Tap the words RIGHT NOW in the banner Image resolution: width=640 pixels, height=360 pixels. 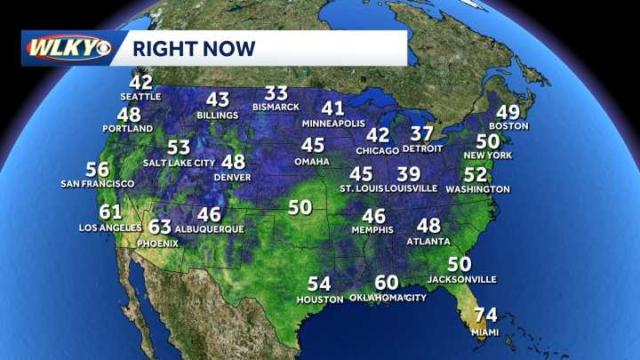tap(195, 47)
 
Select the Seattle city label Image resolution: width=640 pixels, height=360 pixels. tap(141, 96)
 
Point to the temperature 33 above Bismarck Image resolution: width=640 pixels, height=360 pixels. tap(276, 93)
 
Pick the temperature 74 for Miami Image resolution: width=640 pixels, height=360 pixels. tap(485, 316)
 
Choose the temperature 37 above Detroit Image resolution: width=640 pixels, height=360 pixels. tap(421, 133)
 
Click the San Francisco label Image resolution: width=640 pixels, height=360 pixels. tap(97, 184)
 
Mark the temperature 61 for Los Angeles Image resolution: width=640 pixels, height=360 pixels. tap(110, 212)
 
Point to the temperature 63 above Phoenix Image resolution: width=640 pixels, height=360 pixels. tap(160, 228)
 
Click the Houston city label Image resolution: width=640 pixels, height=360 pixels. tap(320, 300)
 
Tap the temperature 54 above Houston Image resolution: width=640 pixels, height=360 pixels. tap(319, 284)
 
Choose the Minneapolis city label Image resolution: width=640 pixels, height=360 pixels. tap(334, 123)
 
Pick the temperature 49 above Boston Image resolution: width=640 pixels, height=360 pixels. tap(508, 112)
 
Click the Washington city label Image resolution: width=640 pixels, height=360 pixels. tap(478, 189)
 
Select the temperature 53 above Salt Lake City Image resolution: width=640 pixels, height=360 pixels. tap(179, 148)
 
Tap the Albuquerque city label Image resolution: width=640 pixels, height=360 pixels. tap(210, 229)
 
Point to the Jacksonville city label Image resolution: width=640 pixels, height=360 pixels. tap(460, 279)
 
